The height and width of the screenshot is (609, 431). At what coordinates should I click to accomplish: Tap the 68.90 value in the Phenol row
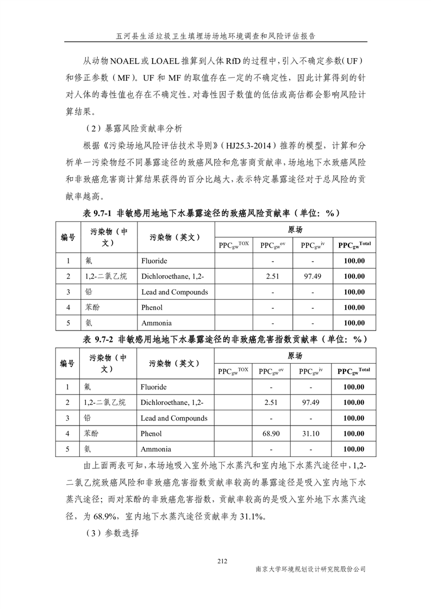tap(270, 434)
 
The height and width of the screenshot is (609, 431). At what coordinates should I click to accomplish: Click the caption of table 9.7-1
tap(215, 213)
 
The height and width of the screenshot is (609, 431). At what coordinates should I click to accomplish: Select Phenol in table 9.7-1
tap(152, 307)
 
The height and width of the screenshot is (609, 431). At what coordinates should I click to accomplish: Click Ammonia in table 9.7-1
tap(156, 323)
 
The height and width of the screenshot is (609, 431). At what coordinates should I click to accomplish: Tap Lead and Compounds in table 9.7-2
tap(174, 418)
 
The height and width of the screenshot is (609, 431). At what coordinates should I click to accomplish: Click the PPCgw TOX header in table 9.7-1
tap(234, 245)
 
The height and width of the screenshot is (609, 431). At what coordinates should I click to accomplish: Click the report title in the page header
tap(216, 36)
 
